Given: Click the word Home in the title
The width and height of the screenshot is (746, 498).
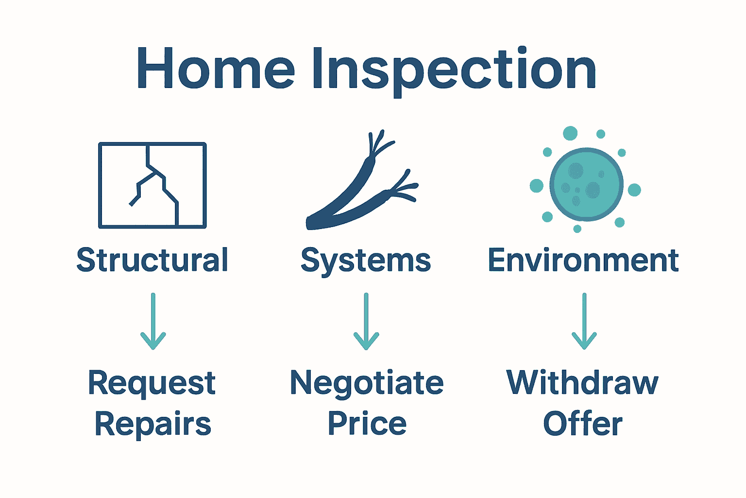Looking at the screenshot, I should click(x=216, y=69).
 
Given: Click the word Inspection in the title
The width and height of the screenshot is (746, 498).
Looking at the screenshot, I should click(x=454, y=71).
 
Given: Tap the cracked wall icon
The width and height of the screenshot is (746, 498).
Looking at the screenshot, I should click(x=153, y=185).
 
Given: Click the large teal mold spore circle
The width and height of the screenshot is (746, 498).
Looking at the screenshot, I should click(x=586, y=184).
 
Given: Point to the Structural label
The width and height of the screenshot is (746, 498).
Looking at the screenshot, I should click(x=153, y=260).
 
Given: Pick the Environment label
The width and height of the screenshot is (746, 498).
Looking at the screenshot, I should click(x=583, y=260).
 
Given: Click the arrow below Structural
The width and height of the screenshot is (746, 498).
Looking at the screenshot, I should click(x=153, y=321).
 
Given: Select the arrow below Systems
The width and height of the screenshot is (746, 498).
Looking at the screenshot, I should click(x=366, y=321).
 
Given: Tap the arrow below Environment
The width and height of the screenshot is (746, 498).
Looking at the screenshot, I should click(x=584, y=321).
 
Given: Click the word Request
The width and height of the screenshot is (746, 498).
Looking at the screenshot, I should click(x=152, y=384).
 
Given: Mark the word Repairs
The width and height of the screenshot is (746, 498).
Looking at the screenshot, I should click(x=153, y=425).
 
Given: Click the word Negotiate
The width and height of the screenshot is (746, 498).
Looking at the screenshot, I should click(x=367, y=383).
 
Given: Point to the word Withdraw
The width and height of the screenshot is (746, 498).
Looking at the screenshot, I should click(x=582, y=383).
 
